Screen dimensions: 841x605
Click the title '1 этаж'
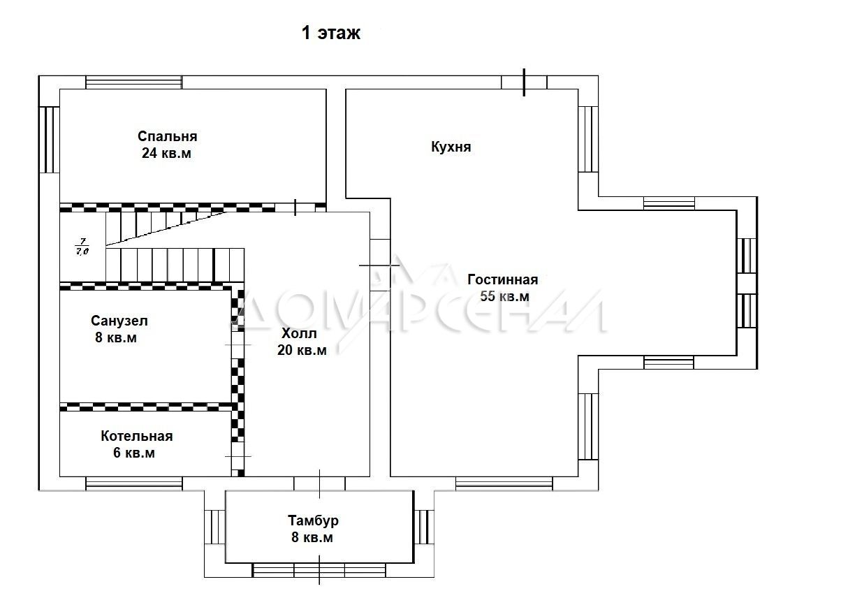coord(331,33)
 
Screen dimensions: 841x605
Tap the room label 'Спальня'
coord(168,136)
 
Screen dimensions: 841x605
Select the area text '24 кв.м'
coord(166,153)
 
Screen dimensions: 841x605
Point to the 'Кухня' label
coord(451,147)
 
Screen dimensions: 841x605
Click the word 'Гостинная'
coord(503,279)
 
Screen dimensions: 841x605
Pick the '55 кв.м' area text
coord(504,296)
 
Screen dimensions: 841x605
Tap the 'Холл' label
coord(299,333)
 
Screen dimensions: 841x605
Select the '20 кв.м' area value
coord(302,350)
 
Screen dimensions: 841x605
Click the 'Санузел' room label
coord(119,321)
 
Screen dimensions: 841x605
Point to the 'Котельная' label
coord(137,436)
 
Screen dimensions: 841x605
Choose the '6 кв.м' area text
coord(133,453)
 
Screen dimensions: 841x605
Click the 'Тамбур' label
coord(313,520)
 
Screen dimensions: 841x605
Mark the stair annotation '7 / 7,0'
coord(82,247)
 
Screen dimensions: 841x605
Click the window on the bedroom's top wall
coord(134,82)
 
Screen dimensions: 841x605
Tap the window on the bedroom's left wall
coord(50,140)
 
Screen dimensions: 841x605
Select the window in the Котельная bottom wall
coord(134,483)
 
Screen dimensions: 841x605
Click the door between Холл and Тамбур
coord(319,483)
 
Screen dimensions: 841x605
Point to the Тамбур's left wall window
coord(215,527)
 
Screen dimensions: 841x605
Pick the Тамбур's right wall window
coord(424,527)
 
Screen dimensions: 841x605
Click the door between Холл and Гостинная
coord(380,265)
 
